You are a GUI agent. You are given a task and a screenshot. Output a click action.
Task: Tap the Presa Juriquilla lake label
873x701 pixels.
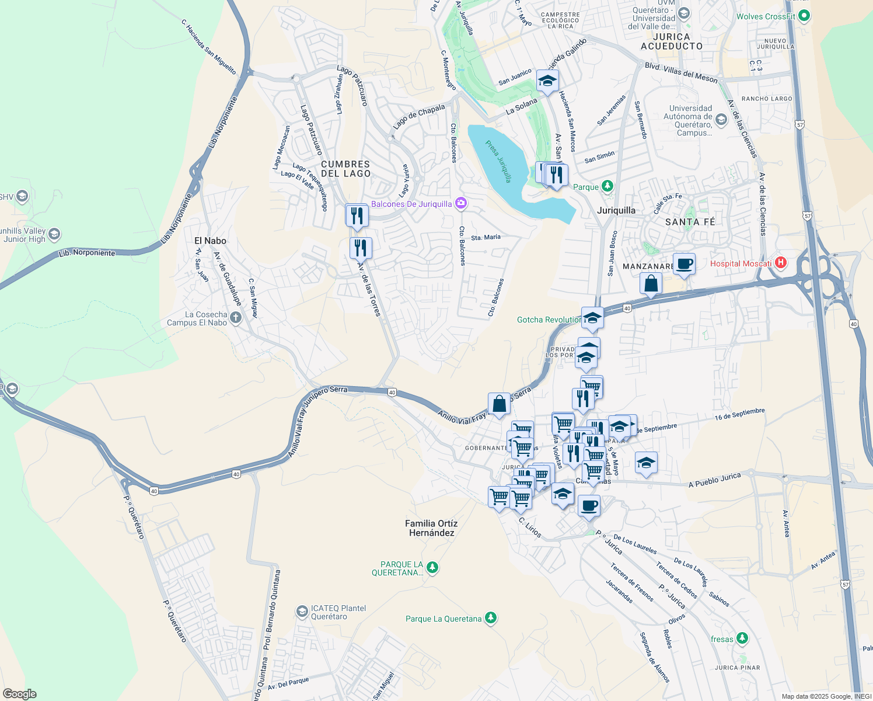[499, 161]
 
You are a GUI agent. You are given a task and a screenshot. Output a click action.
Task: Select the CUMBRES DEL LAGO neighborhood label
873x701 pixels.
[345, 169]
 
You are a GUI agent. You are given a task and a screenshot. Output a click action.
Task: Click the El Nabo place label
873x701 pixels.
[210, 241]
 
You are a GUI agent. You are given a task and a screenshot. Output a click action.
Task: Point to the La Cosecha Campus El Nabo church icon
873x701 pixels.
[235, 318]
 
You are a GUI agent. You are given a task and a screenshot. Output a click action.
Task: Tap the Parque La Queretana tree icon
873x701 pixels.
[491, 618]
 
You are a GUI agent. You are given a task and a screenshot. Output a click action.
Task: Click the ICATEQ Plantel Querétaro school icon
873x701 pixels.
[302, 612]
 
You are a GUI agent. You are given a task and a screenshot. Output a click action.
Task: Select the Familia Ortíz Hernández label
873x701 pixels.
[431, 528]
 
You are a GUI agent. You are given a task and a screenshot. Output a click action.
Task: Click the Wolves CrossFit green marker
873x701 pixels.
[804, 16]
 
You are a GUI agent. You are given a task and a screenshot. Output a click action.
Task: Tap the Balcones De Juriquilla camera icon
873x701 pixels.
[461, 203]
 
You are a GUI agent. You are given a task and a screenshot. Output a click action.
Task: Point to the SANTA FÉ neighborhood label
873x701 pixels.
[690, 222]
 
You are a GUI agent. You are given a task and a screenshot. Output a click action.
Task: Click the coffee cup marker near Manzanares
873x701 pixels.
[684, 264]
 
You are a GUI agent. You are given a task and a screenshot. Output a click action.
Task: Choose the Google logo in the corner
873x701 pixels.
[20, 694]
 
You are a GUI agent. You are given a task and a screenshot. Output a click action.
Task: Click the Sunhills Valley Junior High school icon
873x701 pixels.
[54, 235]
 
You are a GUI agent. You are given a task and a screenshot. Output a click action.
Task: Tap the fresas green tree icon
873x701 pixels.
[742, 638]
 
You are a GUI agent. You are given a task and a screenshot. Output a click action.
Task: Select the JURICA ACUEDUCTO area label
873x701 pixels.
[672, 41]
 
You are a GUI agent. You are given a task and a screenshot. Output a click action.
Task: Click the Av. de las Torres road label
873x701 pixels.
[369, 289]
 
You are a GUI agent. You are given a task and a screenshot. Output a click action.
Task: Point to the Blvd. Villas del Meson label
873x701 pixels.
[681, 73]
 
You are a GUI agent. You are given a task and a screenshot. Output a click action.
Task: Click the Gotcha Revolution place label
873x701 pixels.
[549, 320]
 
